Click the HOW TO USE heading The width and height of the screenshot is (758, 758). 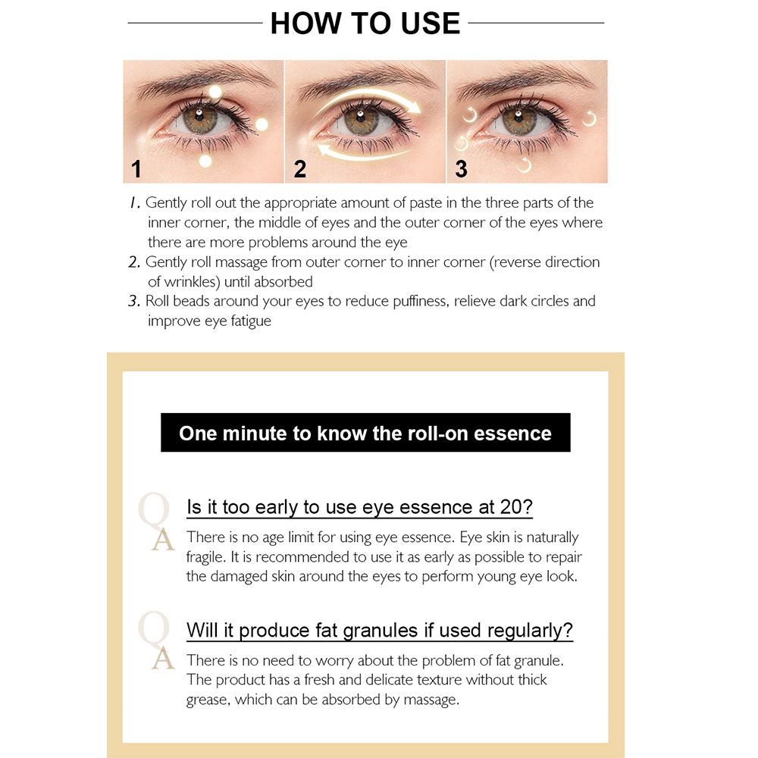point(365,23)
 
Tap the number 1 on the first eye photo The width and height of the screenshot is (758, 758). point(136,169)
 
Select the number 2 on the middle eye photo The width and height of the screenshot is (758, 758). point(299,169)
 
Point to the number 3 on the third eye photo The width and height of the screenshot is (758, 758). point(461,169)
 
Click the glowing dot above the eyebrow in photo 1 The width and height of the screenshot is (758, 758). point(215,92)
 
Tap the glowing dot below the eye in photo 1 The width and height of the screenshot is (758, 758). point(205,161)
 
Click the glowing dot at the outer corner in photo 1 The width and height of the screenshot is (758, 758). point(262,124)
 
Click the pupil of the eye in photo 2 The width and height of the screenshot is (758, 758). point(360,115)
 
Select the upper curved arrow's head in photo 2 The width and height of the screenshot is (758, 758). point(413,105)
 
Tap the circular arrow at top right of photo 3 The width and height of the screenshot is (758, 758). point(589,118)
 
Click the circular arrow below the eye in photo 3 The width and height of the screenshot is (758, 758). point(524,164)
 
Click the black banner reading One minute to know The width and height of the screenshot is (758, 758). point(365,433)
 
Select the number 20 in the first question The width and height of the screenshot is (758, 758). point(511,507)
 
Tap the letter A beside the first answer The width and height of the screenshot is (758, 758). point(163,540)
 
